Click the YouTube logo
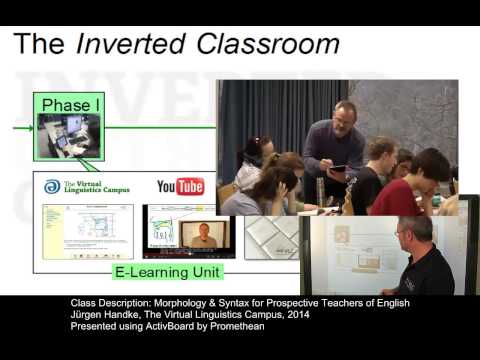tap(180, 187)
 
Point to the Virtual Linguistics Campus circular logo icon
tap(52, 187)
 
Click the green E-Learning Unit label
tap(167, 271)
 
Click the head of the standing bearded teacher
tap(346, 115)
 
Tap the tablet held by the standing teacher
tap(338, 168)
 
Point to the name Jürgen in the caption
tap(90, 315)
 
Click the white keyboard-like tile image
tap(270, 235)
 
